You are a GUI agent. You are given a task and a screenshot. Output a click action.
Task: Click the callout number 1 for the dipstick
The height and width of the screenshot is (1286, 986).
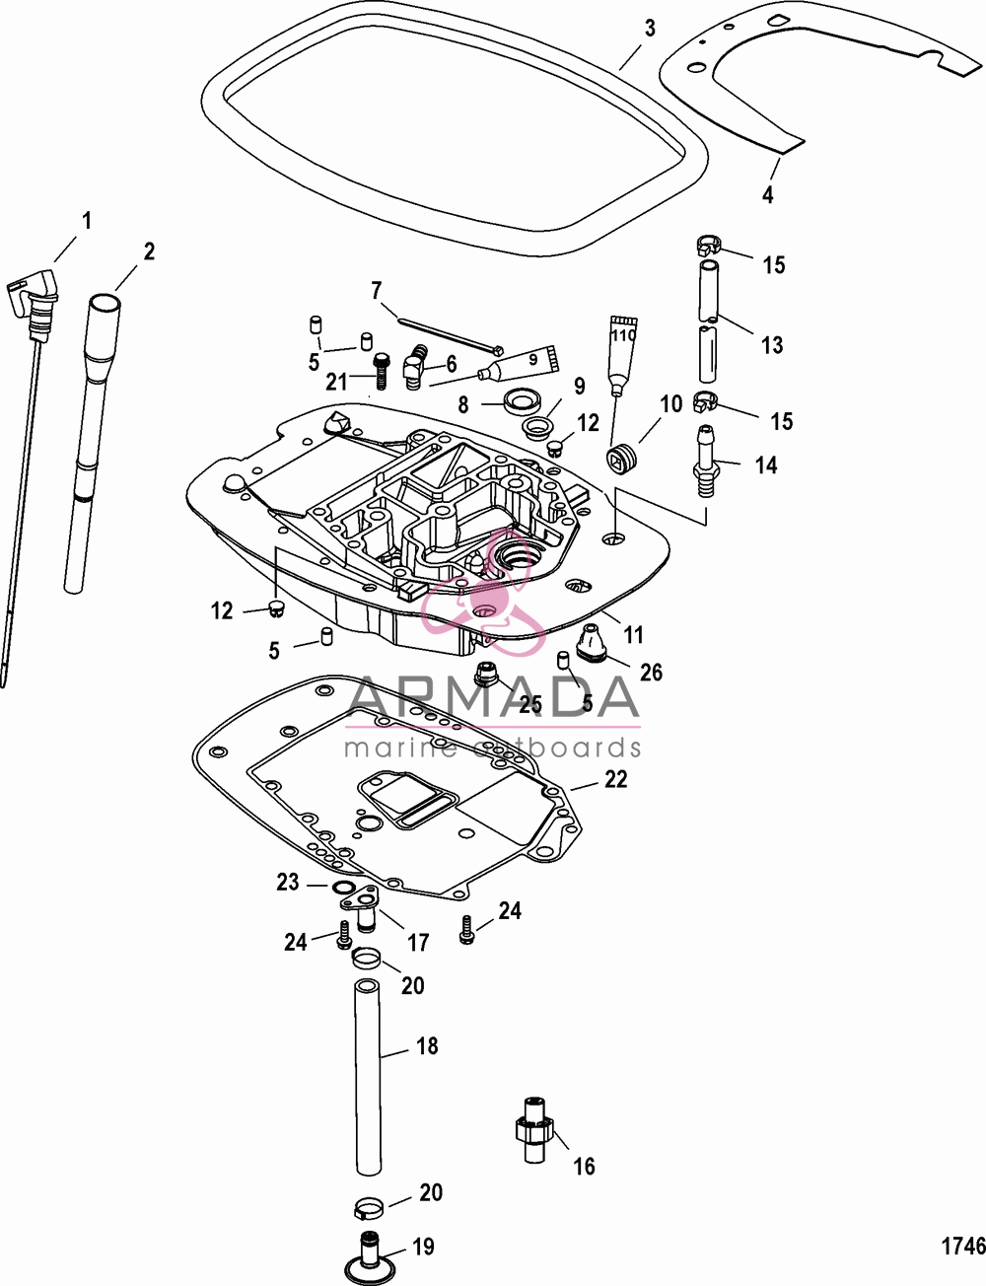coord(87,221)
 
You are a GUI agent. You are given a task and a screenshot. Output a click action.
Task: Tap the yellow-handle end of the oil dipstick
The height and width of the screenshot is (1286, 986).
coord(34,289)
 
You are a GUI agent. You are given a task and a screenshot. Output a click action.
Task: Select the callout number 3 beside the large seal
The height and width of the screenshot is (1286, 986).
coord(650,29)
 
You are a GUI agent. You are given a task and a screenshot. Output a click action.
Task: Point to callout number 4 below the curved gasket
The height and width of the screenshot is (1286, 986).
coord(768,194)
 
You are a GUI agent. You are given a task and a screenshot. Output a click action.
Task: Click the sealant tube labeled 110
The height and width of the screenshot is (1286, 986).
coord(621,350)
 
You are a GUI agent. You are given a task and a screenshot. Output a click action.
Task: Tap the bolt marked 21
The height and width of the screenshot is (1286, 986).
coord(381,371)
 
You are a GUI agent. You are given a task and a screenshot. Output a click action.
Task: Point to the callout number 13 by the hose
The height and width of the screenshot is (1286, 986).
coord(771,344)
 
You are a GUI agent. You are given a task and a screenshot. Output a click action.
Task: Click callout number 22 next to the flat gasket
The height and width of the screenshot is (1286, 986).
coord(615,779)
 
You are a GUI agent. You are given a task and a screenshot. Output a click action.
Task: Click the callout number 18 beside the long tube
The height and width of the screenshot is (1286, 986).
coord(427,1045)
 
